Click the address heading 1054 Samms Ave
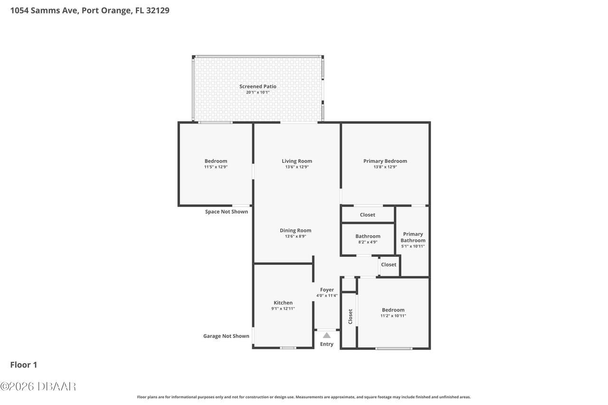coord(89,10)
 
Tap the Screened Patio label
coord(257,86)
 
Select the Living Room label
coord(297,161)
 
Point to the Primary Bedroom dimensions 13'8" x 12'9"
coord(385,167)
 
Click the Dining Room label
coord(295,230)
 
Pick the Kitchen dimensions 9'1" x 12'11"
coord(283,309)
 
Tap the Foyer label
coord(327,290)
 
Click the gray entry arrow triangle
coord(327,335)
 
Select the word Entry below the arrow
coord(327,344)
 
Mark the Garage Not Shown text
coord(226,336)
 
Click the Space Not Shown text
coord(227,212)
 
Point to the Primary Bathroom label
coord(413,237)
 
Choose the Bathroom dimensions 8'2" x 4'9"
coord(368,242)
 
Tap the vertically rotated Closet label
coord(350,316)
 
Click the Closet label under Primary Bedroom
coord(367,215)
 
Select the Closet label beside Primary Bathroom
coord(389,264)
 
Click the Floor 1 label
coord(24,365)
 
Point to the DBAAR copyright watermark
coord(38,386)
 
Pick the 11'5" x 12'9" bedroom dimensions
coord(216,167)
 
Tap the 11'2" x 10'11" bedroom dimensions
coord(393,316)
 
